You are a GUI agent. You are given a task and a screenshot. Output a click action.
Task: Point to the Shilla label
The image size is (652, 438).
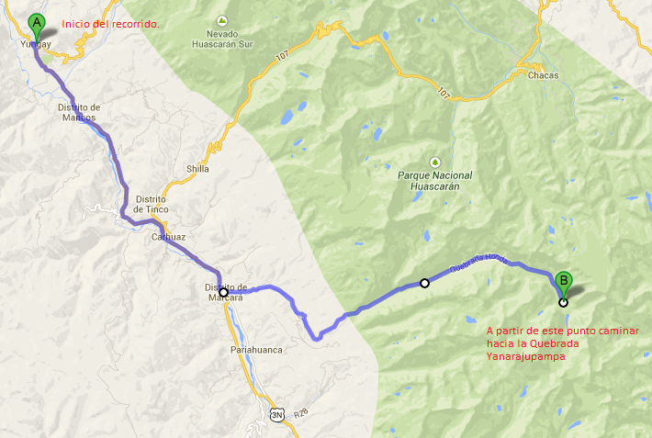click(x=197, y=169)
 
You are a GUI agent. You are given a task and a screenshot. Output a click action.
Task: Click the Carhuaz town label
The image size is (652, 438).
click(x=170, y=237)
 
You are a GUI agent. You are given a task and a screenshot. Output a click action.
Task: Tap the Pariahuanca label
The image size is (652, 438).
click(x=254, y=351)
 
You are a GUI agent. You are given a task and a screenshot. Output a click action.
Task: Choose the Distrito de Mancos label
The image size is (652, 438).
click(x=78, y=112)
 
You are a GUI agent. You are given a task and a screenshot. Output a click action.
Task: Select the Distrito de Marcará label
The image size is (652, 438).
click(x=226, y=292)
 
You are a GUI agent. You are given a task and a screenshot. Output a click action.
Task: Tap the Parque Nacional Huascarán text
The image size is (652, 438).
click(x=435, y=180)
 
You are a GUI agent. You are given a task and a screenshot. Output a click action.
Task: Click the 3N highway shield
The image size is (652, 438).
click(x=277, y=414)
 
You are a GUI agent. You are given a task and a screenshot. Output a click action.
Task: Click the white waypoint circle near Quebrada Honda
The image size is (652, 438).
click(x=424, y=283)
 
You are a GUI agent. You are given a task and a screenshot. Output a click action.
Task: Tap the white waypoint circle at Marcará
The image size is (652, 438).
click(x=223, y=292)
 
